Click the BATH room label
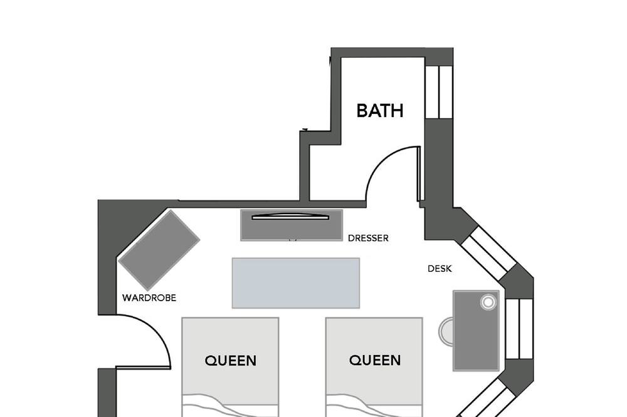[x=379, y=111]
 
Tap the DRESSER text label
[x=368, y=238]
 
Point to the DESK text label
[x=440, y=269]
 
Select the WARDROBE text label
[x=149, y=298]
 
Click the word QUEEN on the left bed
[x=230, y=361]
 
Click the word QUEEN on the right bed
[x=375, y=360]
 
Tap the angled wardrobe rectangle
[x=159, y=250]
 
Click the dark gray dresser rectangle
[x=292, y=225]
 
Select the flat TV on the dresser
[x=290, y=217]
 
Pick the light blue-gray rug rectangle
[x=296, y=283]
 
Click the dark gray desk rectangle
[x=477, y=331]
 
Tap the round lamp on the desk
[x=488, y=302]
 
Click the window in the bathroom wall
[x=439, y=92]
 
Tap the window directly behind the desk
[x=519, y=329]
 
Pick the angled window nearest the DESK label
[x=488, y=252]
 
